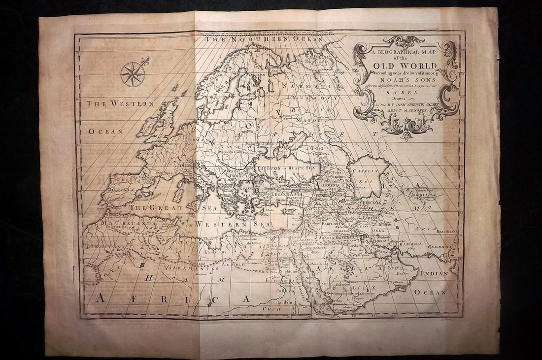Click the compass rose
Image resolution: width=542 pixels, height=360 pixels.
coord(133,74)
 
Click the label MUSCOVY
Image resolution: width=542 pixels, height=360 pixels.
coord(307,98)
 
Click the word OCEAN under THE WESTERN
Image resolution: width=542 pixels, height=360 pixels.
coord(105,131)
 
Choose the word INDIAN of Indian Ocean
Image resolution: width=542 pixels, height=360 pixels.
coord(435,273)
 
